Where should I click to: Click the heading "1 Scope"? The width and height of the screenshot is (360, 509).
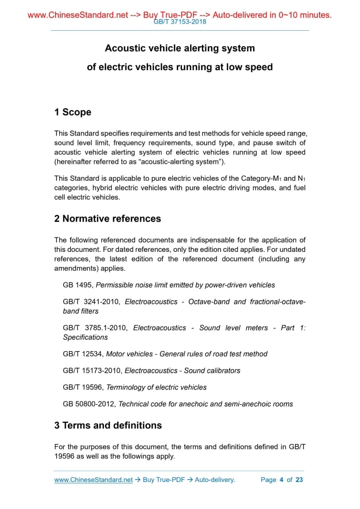click(73, 112)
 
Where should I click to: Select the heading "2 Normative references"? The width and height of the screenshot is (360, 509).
click(108, 219)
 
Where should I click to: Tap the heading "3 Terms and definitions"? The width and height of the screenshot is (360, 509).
click(108, 425)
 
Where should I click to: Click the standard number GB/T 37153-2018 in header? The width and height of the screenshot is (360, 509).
click(180, 22)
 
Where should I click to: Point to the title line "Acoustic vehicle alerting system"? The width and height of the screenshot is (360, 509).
click(180, 48)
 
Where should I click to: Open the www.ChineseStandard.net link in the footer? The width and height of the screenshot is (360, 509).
click(94, 479)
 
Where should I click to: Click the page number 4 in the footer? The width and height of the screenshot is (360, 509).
click(281, 479)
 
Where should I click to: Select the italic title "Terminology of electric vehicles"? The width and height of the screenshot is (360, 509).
click(156, 387)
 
